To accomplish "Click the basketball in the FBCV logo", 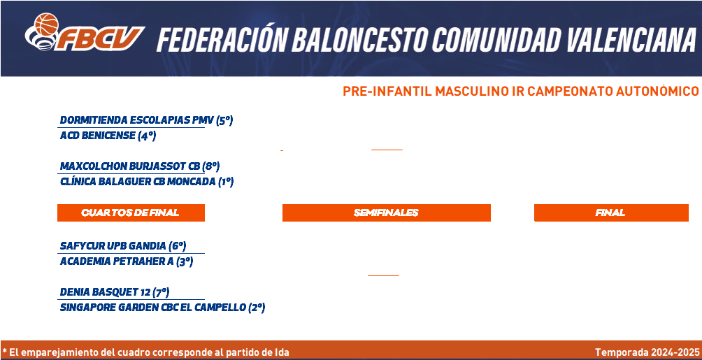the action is pos(47,24).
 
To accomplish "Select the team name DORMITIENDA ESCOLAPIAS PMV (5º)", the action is pos(146,120).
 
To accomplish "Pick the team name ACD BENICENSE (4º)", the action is pos(108,136).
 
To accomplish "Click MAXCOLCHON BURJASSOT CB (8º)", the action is pos(140,166).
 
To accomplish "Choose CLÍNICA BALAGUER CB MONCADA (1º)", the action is pos(147,182).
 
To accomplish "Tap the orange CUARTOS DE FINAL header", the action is pos(131,213).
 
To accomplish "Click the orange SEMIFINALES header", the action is pos(387,213).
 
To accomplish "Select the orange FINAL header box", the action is pos(611,213).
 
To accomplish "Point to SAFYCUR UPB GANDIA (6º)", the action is pos(123,246).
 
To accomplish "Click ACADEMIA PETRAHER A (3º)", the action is pos(127,261).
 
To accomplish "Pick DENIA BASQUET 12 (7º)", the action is pos(115,292).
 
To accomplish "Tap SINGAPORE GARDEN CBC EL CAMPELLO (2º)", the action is pos(162,308).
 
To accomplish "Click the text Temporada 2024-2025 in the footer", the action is pos(647,352).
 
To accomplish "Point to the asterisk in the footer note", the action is pos(4,351).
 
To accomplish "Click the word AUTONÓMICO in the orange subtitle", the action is pos(657,92).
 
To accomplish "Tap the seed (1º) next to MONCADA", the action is pos(226,182).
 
